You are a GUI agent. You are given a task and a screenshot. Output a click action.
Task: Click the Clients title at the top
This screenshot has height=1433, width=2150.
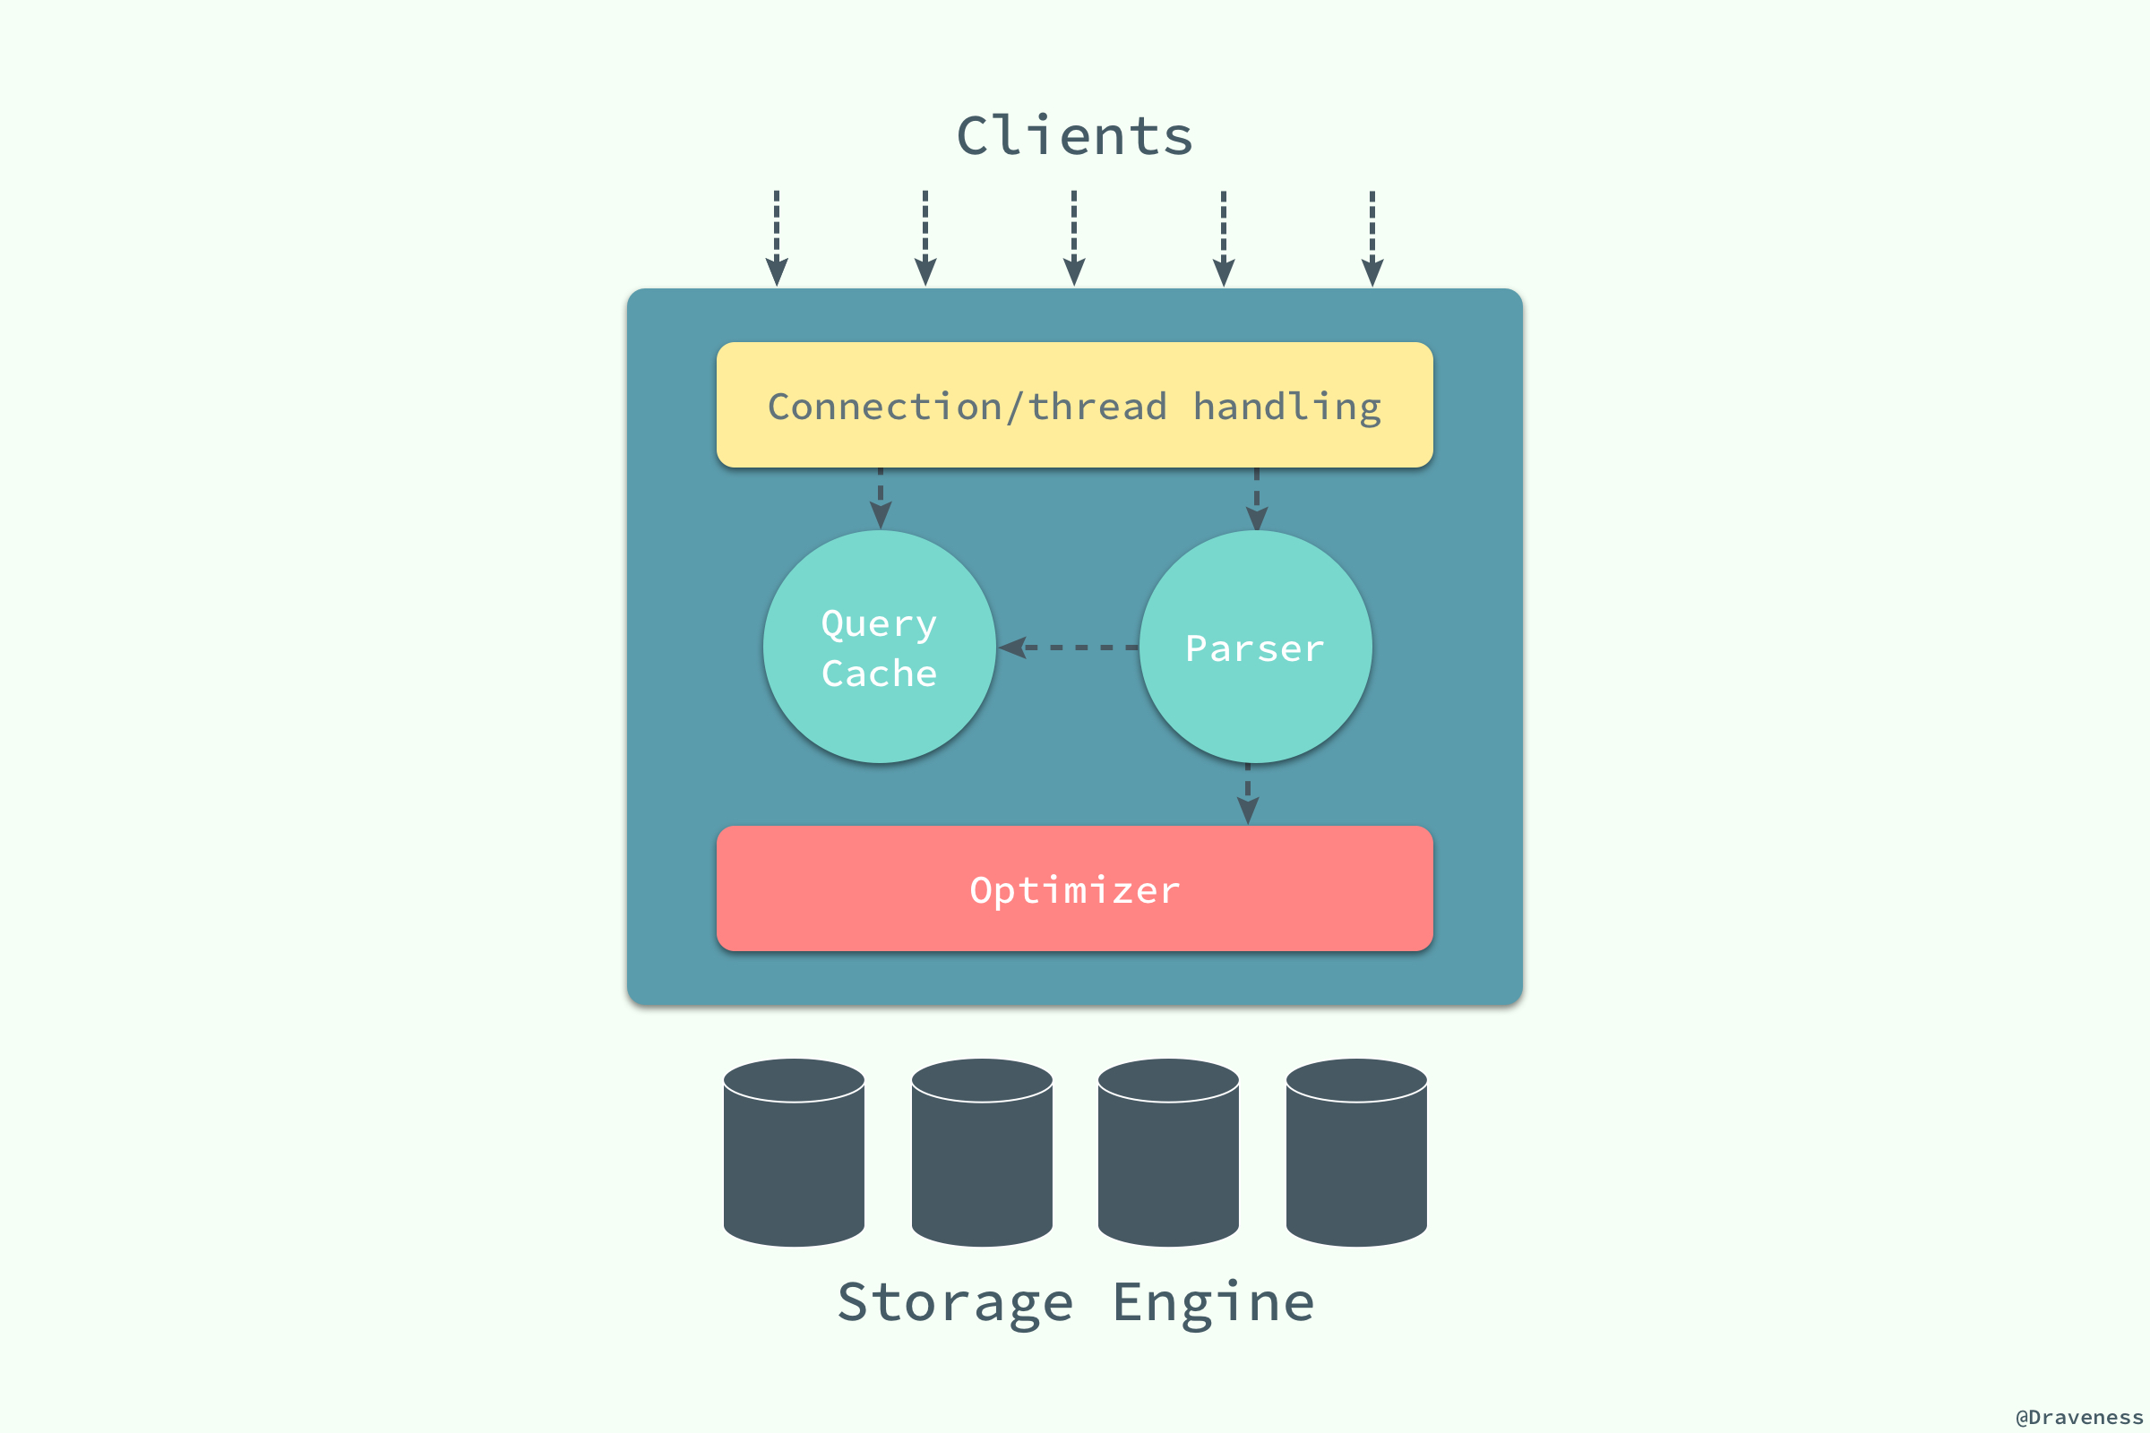1074,137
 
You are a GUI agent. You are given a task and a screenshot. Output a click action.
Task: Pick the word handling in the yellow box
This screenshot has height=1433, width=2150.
1287,407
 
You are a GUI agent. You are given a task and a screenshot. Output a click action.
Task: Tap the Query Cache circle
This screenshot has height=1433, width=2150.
880,647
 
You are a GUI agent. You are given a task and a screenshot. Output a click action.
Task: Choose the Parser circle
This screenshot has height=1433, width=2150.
1255,647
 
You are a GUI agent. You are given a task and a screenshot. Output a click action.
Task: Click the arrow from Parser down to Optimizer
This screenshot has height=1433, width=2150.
1248,794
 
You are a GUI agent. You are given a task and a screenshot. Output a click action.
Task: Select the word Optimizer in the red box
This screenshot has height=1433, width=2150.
1075,890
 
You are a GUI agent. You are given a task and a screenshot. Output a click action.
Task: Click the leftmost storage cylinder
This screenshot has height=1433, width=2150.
794,1154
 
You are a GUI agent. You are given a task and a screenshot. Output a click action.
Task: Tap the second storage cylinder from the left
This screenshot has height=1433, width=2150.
982,1154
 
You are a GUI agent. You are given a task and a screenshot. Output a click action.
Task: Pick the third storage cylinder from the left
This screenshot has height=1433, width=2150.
1168,1154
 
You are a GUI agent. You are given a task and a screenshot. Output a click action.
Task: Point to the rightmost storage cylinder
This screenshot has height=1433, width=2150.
1356,1154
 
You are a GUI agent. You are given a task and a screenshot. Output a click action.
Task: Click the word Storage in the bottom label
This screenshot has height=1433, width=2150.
955,1302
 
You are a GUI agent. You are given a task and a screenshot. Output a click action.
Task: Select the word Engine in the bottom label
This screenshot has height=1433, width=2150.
1214,1302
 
